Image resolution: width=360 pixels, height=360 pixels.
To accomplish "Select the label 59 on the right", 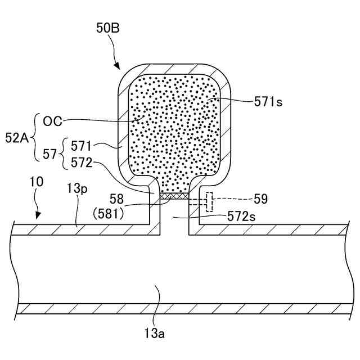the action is tap(260, 199).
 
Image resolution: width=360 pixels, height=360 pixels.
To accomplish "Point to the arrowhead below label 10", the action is tap(38, 215).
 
